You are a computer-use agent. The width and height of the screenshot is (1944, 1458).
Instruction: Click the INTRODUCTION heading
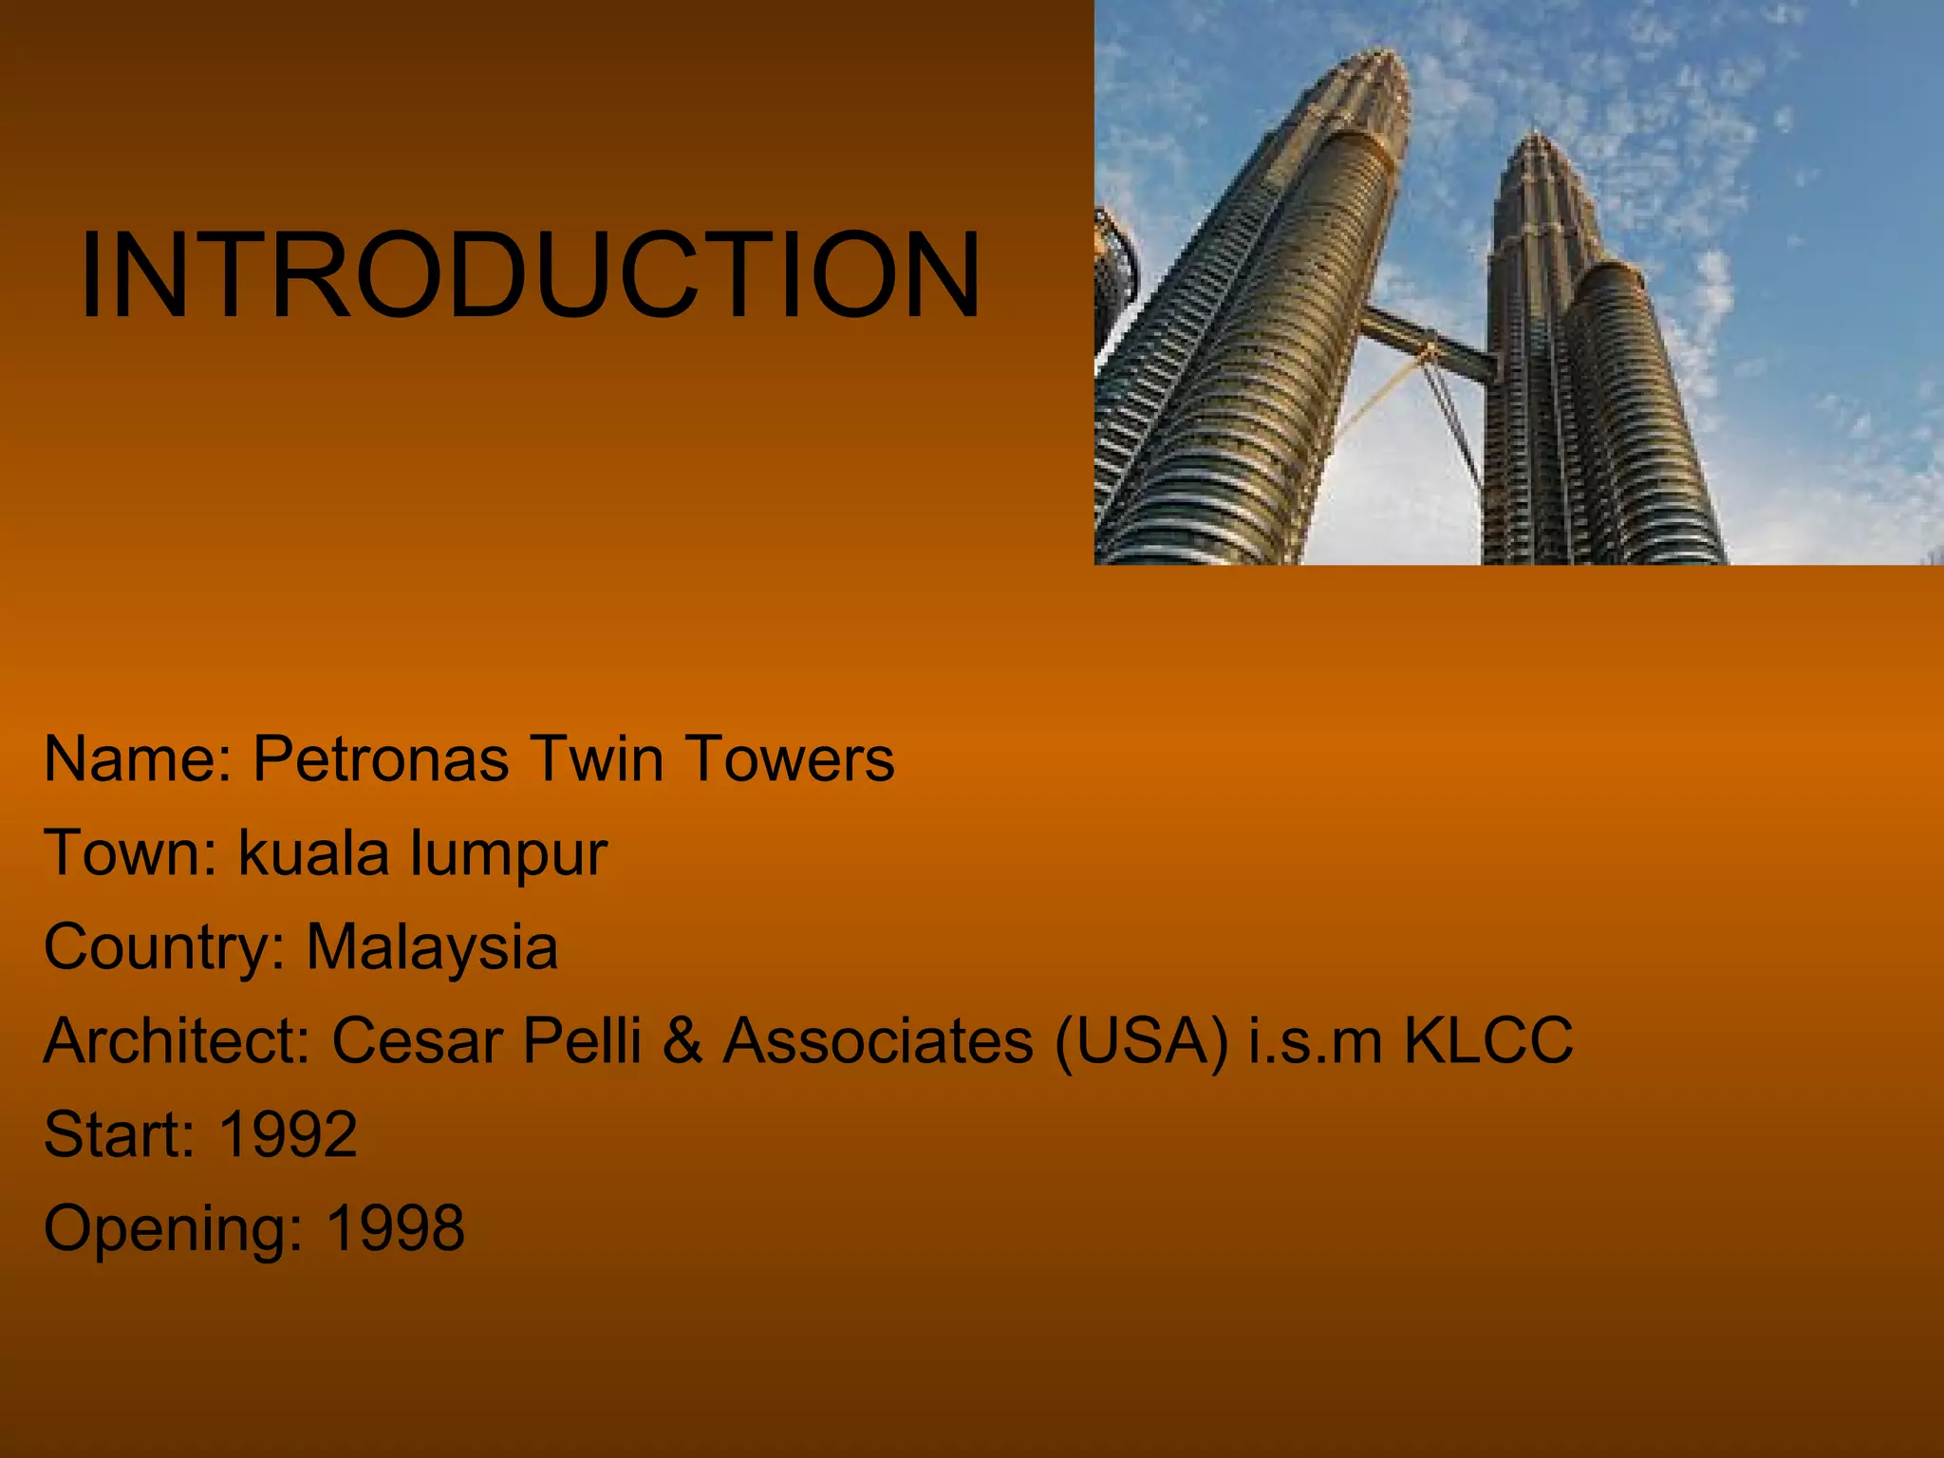point(530,276)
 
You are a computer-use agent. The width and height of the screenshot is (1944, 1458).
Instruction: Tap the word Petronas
point(381,759)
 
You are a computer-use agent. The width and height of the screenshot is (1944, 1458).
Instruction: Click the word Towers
point(789,759)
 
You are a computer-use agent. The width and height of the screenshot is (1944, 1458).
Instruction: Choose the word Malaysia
point(432,947)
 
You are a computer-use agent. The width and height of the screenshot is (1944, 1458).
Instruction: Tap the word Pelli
point(582,1040)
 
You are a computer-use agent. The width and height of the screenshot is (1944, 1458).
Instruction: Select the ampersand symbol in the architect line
point(682,1040)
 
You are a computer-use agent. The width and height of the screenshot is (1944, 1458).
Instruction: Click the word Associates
point(878,1040)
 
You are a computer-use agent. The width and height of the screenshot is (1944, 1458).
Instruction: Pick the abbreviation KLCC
point(1487,1040)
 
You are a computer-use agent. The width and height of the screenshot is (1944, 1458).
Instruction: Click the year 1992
point(289,1134)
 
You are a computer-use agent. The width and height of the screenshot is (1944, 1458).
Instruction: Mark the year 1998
point(396,1227)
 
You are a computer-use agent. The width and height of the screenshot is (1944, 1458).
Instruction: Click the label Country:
point(164,947)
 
